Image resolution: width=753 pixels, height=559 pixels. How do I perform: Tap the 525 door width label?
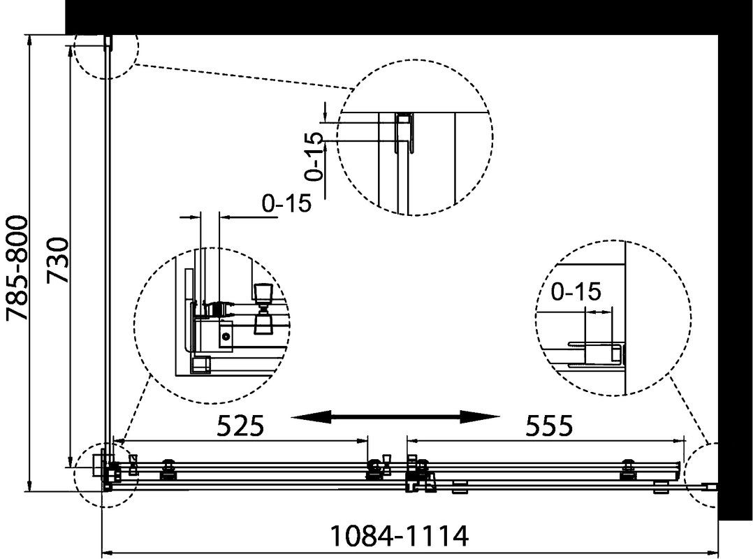(240, 426)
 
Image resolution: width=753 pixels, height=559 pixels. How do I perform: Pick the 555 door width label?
(549, 426)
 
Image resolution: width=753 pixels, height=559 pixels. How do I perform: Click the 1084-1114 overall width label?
(400, 537)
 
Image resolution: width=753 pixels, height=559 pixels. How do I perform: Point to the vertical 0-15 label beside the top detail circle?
(315, 156)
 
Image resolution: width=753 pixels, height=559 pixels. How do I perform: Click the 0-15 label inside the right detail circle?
(576, 291)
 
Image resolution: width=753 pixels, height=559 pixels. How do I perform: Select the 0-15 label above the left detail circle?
(286, 203)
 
